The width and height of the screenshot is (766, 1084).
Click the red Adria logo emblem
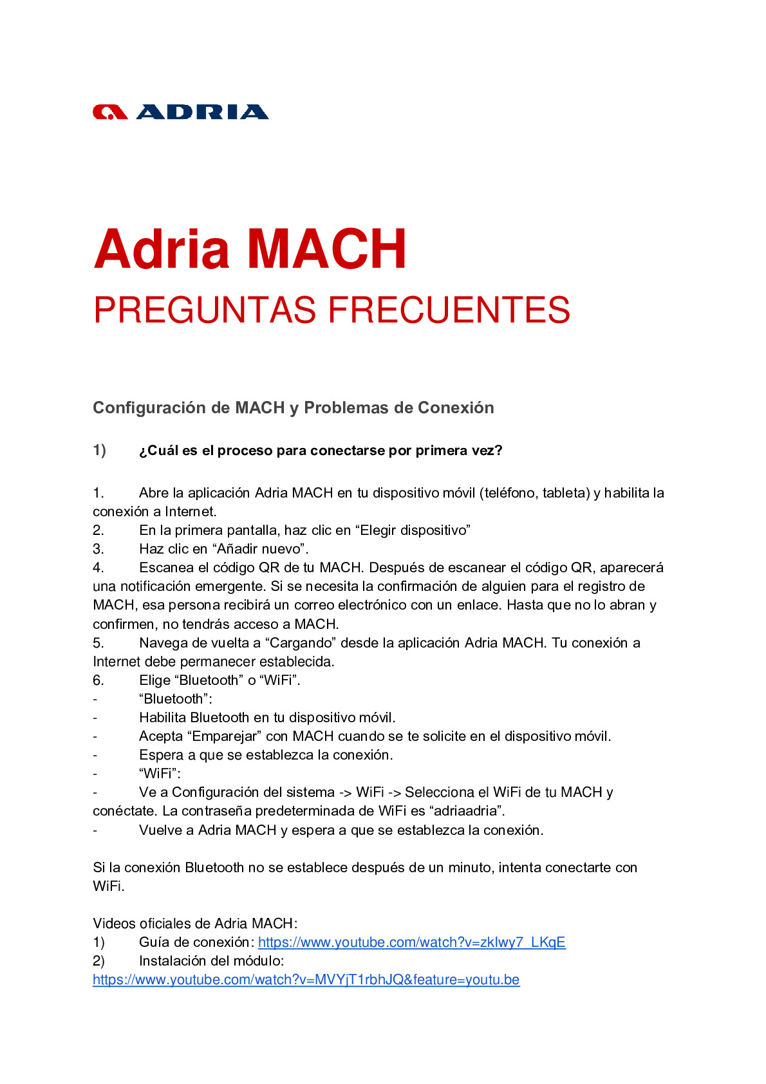110,113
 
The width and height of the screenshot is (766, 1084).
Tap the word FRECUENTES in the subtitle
449,310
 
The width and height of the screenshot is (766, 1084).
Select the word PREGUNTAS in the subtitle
205,310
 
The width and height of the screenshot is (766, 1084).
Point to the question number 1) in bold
99,451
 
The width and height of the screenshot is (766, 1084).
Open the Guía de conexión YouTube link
411,942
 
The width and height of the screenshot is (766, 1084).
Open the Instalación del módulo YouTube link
306,980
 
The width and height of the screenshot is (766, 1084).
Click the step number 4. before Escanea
98,568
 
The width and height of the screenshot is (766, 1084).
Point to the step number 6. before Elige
98,680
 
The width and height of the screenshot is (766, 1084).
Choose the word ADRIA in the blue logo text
202,113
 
